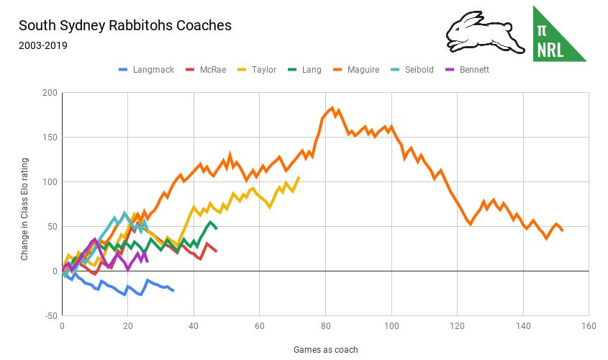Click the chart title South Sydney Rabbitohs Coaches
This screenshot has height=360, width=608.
tap(125, 25)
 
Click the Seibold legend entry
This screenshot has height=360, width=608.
tap(420, 70)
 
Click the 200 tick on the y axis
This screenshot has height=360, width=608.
tap(49, 93)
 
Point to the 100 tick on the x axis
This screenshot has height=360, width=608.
tap(391, 326)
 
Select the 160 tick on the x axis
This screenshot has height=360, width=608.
tap(589, 326)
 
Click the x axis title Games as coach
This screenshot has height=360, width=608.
tap(325, 350)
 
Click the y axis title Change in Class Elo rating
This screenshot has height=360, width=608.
tap(24, 204)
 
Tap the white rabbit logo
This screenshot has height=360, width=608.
tap(479, 32)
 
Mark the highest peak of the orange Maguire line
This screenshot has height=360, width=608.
tap(332, 108)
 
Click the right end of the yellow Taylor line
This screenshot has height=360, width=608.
tap(299, 177)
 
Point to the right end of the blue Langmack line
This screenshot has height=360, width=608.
tap(173, 290)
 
